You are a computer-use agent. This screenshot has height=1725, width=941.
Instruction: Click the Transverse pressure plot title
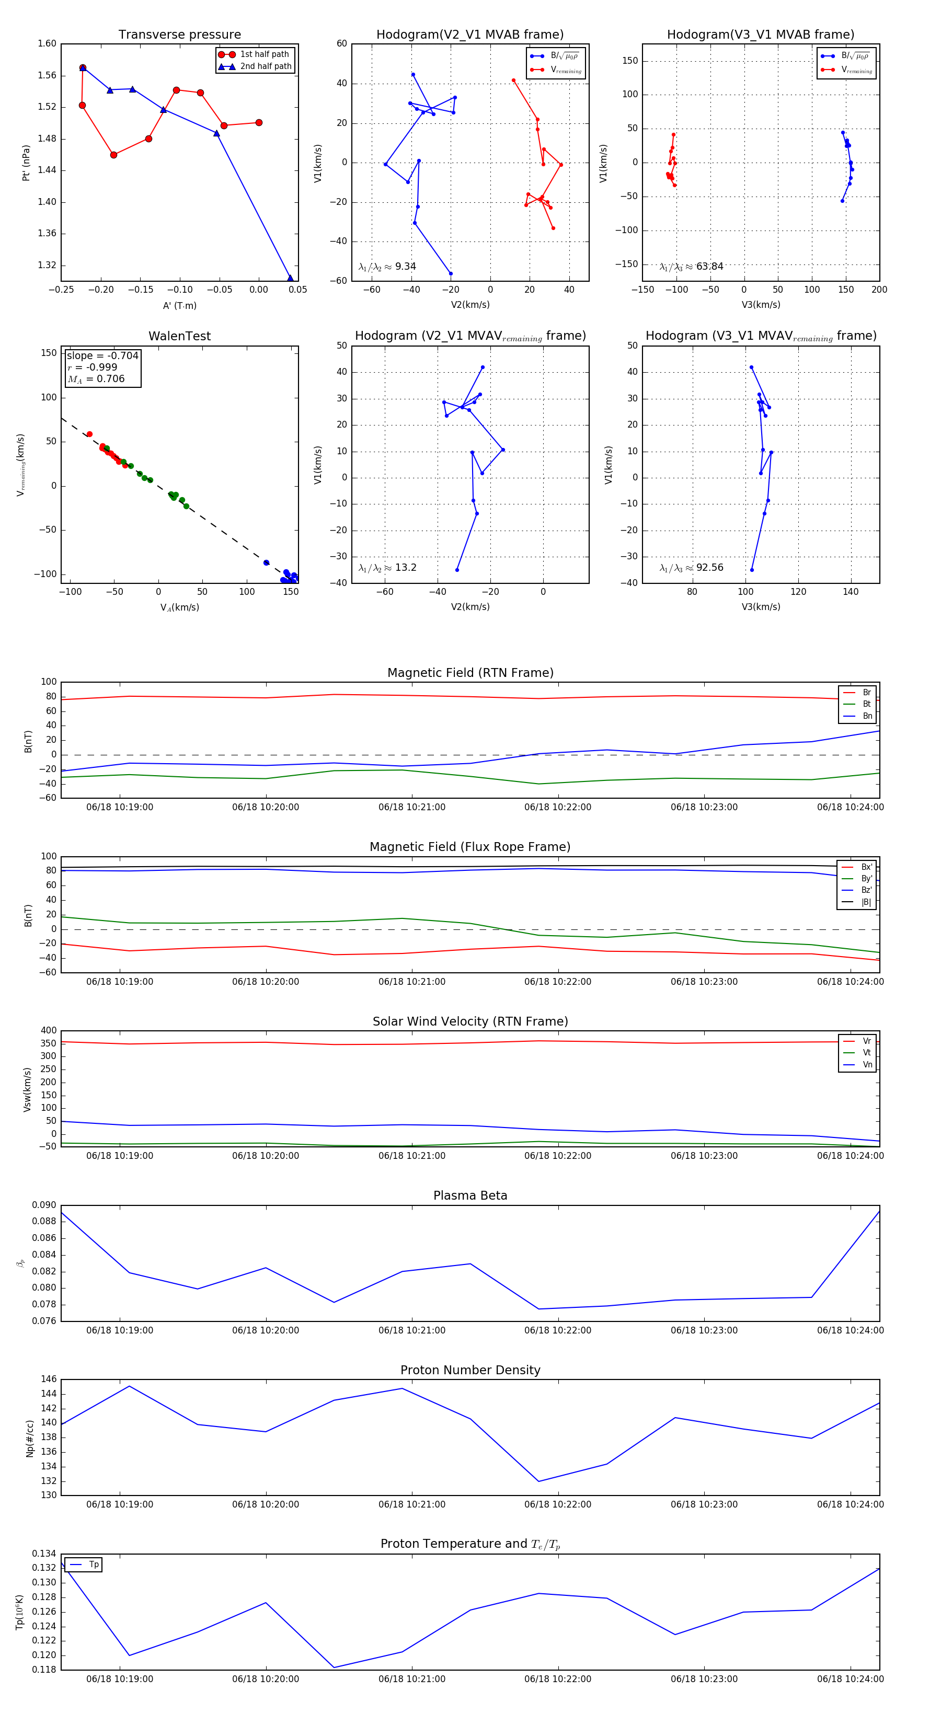[x=179, y=35]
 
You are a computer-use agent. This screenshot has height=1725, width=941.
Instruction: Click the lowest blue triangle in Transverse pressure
[x=290, y=278]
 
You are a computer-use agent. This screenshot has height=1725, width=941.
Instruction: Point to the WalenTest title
[x=179, y=336]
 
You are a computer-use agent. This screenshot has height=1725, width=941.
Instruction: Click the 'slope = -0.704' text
[x=102, y=355]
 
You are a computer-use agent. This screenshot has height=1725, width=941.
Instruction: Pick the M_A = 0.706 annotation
[x=96, y=379]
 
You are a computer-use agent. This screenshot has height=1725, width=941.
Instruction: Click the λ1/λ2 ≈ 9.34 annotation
[x=387, y=267]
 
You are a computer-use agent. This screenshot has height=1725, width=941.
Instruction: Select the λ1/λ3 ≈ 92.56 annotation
[x=691, y=568]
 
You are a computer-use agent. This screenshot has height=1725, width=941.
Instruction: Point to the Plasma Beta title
[x=470, y=1196]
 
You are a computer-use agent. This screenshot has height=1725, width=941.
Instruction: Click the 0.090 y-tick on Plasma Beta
[x=44, y=1205]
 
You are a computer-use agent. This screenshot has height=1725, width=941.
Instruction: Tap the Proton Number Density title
[x=470, y=1370]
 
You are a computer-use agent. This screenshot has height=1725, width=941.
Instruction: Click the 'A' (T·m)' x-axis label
[x=179, y=306]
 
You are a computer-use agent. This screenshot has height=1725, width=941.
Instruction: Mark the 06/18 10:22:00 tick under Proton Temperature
[x=557, y=1679]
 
